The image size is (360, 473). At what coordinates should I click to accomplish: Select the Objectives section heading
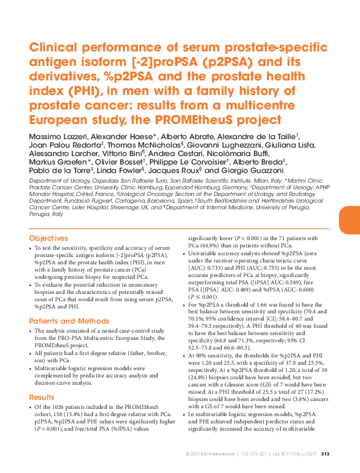pyautogui.click(x=49, y=238)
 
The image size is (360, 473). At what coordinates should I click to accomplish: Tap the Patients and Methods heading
pyautogui.click(x=68, y=321)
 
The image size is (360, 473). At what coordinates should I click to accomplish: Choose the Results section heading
pyautogui.click(x=42, y=397)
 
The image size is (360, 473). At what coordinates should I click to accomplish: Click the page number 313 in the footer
pyautogui.click(x=325, y=455)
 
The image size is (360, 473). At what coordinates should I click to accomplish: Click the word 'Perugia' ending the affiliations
pyautogui.click(x=40, y=214)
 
